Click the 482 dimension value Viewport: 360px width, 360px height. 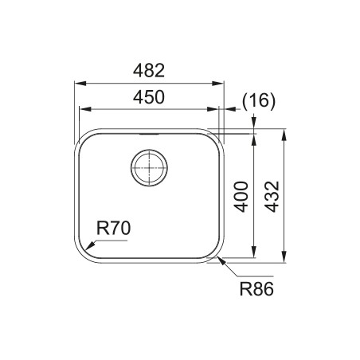[x=149, y=71]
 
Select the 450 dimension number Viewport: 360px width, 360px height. [x=149, y=97]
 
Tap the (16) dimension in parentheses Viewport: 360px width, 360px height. [x=259, y=101]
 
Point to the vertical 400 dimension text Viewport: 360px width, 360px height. [x=242, y=197]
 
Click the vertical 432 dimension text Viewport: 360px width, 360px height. [x=272, y=197]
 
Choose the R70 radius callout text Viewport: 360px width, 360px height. [x=114, y=229]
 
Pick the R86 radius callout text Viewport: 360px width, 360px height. [x=256, y=289]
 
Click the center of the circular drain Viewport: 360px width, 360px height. [x=149, y=168]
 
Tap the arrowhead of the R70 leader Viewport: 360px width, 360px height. [x=90, y=245]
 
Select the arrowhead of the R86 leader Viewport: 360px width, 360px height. [x=221, y=260]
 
